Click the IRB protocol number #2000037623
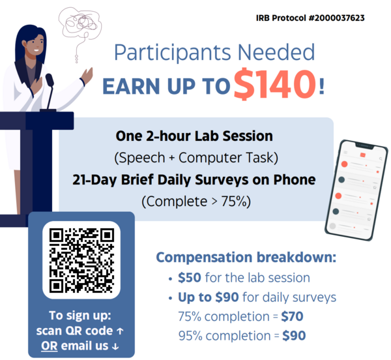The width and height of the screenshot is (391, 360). click(336, 18)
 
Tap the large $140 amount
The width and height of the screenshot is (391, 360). click(275, 84)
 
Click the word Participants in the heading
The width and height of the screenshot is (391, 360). click(173, 53)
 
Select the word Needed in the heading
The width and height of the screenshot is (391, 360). click(276, 52)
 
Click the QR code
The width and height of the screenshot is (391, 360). click(81, 260)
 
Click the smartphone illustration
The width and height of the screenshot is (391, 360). click(356, 190)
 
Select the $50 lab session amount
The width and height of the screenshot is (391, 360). click(190, 277)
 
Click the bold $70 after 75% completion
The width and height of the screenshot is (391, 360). click(292, 316)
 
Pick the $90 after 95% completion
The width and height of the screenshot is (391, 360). click(294, 336)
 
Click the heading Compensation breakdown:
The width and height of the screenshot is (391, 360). click(246, 257)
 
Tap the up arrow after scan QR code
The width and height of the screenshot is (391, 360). click(120, 331)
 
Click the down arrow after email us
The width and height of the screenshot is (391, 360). click(115, 346)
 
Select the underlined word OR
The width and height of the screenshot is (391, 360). click(50, 346)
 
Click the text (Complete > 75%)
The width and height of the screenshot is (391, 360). click(196, 202)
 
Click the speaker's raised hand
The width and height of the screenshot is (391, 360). click(87, 75)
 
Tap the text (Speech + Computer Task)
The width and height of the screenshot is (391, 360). click(196, 158)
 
